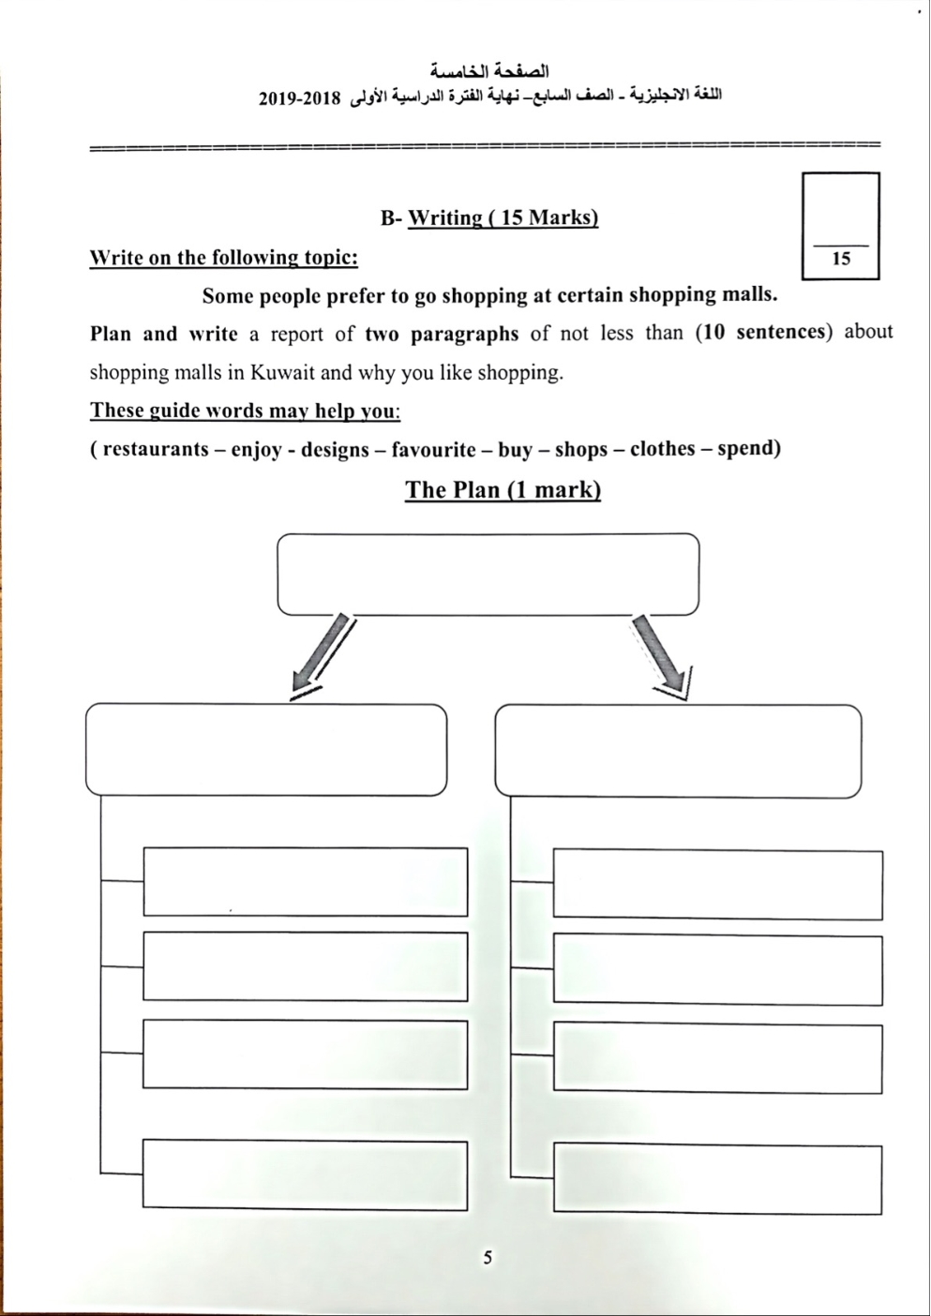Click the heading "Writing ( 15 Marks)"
tap(503, 217)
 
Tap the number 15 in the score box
tap(841, 259)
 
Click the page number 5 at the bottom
tap(487, 1258)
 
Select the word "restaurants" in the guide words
tap(156, 449)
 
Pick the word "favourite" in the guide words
tap(433, 449)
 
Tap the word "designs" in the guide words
tap(335, 449)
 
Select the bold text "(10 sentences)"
tap(764, 332)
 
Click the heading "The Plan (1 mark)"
tap(503, 489)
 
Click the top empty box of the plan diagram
tap(488, 574)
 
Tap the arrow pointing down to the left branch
tap(321, 659)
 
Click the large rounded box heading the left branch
tap(266, 750)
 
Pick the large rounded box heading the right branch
tap(678, 751)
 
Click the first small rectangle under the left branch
tap(305, 881)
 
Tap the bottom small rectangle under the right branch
tap(717, 1179)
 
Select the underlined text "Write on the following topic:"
tap(223, 257)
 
